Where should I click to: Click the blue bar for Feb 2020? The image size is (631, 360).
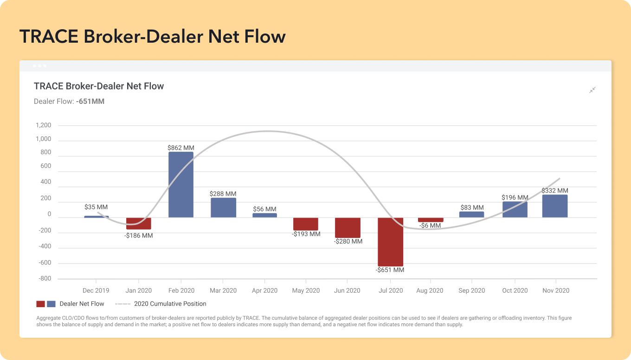[180, 185]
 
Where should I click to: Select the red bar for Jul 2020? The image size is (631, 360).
[390, 242]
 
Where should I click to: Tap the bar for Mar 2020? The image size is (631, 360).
[223, 208]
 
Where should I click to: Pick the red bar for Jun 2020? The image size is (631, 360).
[348, 228]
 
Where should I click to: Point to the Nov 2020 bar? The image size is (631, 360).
[555, 206]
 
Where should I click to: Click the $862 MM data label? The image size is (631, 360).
[181, 148]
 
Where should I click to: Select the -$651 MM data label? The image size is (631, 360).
[390, 270]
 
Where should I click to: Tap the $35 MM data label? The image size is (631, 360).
[96, 207]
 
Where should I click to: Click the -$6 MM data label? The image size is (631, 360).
[430, 226]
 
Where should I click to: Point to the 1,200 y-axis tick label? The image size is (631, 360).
[44, 125]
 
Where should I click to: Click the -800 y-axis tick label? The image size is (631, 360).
[45, 278]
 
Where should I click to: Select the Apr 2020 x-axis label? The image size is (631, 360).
[264, 290]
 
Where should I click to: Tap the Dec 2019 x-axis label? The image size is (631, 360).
[96, 290]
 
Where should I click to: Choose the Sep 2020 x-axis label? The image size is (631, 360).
[471, 290]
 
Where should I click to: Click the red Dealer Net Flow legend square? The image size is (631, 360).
[40, 304]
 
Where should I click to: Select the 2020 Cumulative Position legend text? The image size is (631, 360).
[170, 304]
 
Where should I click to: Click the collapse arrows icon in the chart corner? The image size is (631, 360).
[592, 90]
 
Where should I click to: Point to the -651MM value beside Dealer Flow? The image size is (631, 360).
[90, 101]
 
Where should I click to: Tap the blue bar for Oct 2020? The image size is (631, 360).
[515, 210]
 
